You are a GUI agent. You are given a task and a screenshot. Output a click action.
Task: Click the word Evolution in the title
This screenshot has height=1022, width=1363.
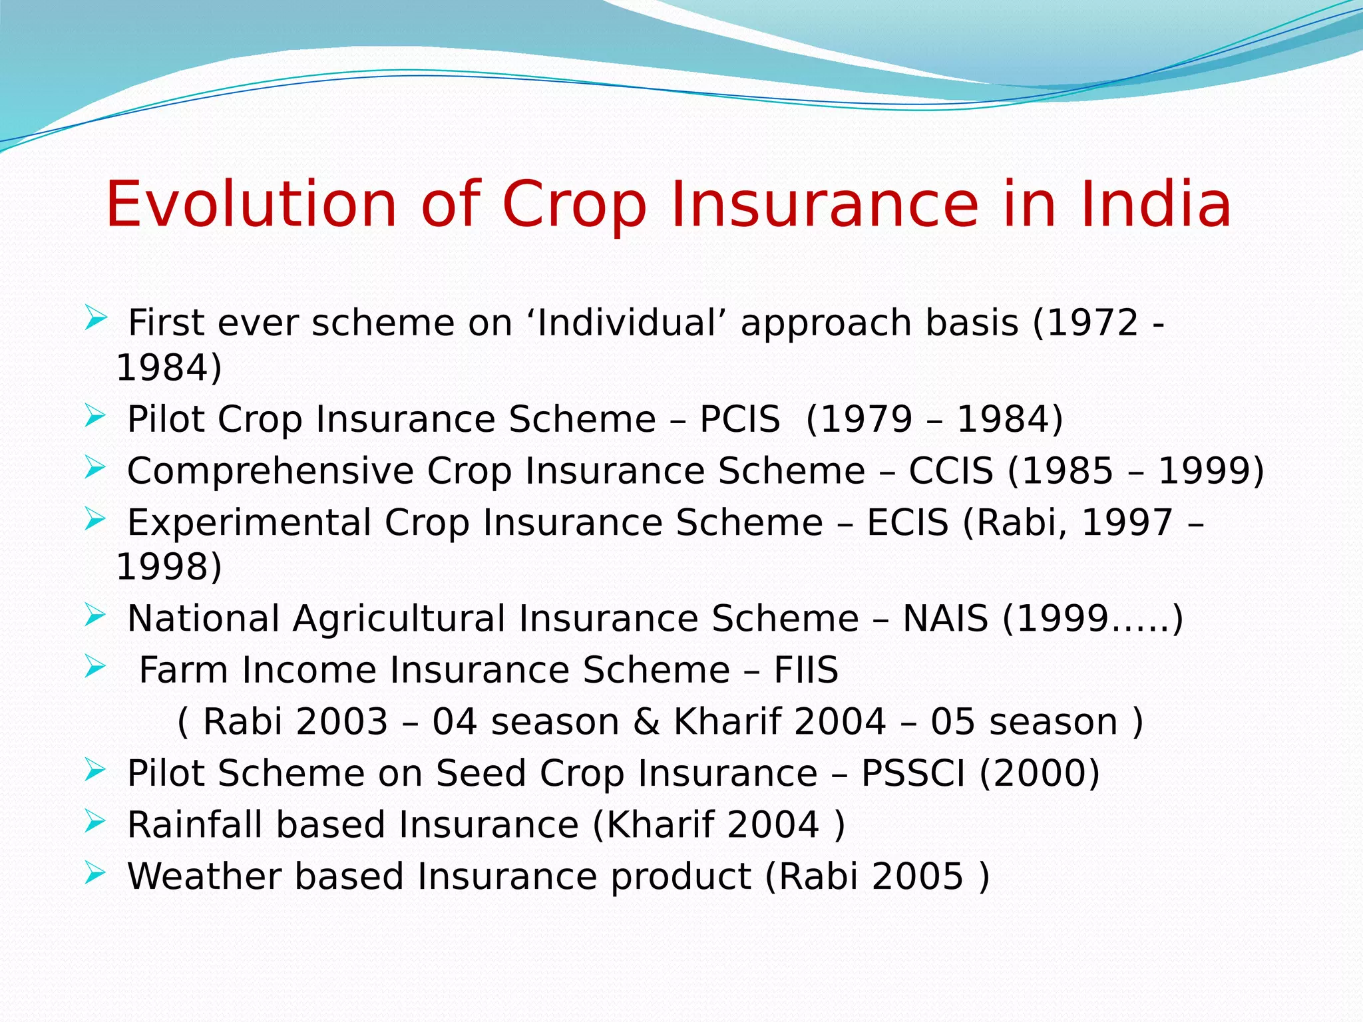tap(251, 204)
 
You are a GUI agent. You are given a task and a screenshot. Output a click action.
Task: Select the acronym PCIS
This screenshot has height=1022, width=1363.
tap(739, 419)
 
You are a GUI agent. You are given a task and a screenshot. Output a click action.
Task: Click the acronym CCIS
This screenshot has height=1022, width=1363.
tap(950, 471)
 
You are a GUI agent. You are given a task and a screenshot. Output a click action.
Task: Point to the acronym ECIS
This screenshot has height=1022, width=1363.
tap(907, 522)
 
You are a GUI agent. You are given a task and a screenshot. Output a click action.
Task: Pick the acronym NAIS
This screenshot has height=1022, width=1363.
tap(945, 619)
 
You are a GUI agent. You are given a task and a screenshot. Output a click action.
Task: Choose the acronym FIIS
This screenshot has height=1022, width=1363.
tap(805, 670)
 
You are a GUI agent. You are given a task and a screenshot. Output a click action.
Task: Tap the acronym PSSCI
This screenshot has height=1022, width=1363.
tap(912, 773)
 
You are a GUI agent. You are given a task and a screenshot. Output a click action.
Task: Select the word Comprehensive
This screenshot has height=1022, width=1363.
tap(270, 471)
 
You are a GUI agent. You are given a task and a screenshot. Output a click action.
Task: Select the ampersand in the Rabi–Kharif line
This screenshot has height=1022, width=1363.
tap(646, 722)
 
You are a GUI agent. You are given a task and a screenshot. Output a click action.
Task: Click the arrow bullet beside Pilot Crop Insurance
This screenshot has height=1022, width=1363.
tap(95, 417)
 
